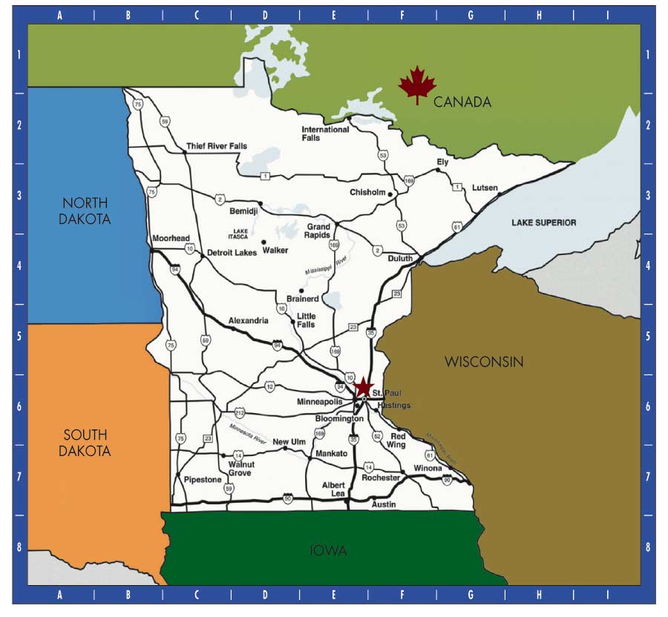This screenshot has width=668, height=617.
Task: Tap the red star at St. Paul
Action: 363,387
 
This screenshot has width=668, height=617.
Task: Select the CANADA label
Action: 462,102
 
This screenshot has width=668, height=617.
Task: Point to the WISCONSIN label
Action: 484,362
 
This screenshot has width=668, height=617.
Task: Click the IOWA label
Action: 329,550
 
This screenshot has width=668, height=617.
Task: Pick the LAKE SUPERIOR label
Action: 544,222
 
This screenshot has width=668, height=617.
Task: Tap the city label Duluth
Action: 400,259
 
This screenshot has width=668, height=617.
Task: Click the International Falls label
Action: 325,133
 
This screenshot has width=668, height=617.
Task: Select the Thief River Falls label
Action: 217,146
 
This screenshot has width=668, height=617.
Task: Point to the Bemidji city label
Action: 243,211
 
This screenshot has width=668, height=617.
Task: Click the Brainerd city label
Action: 302,299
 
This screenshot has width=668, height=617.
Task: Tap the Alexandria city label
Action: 249,320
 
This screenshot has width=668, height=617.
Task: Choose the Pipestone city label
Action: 203,480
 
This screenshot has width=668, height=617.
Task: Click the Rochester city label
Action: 381,478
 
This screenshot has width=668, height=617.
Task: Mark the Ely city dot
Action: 438,171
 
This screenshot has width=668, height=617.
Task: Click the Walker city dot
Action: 263,242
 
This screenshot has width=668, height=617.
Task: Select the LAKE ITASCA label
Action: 240,234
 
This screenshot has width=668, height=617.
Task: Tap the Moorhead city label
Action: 171,239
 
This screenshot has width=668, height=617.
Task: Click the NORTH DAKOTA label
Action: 85,211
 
